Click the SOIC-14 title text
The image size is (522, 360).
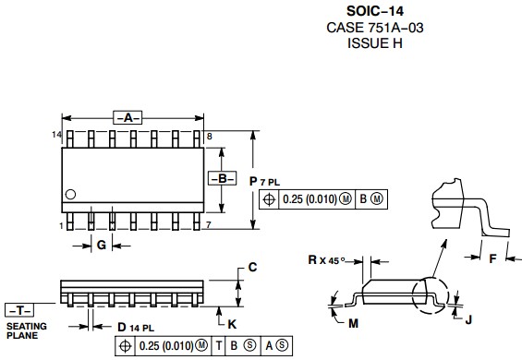[375, 11]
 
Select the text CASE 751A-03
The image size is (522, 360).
[375, 28]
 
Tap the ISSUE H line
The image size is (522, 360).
[375, 43]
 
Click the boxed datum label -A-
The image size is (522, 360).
[127, 118]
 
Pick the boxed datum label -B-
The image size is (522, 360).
[222, 178]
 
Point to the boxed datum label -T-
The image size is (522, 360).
[19, 310]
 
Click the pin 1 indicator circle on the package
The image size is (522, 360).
[70, 194]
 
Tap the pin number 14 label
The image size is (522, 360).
[57, 135]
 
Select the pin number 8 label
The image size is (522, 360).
[210, 137]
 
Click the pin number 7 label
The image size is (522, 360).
[209, 225]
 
